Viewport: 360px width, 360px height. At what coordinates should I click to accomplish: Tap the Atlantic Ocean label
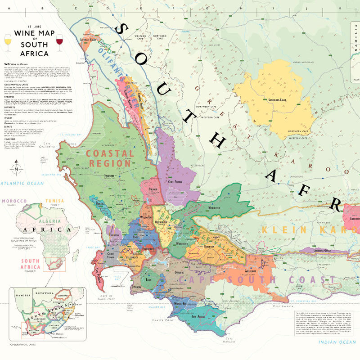point(22,183)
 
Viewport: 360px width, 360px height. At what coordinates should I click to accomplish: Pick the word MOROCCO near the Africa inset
point(14,201)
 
